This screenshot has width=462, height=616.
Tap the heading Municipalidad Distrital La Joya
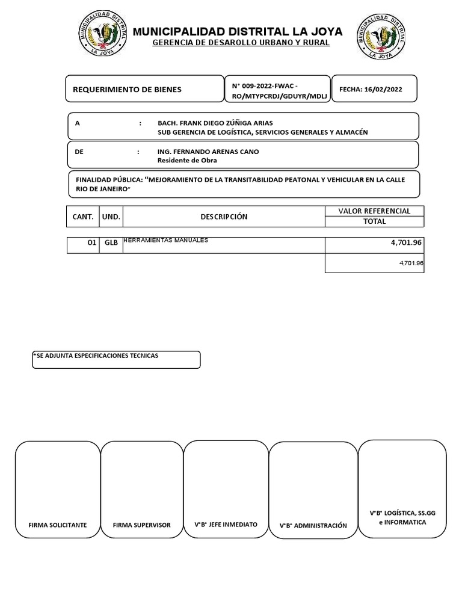point(238,31)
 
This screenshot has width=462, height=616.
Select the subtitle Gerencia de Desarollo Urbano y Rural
point(241,43)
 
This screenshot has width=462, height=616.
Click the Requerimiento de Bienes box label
point(127,90)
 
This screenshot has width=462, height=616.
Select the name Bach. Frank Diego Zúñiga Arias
point(215,123)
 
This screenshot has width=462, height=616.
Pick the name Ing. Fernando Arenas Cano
point(208,152)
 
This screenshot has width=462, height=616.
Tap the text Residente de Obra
point(187,161)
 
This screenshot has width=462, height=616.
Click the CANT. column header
point(83,217)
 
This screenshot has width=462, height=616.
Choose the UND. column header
point(111,217)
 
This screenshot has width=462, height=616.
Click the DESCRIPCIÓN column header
point(224,217)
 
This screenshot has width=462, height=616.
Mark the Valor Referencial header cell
point(374,211)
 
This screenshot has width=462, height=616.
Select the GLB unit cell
point(111,244)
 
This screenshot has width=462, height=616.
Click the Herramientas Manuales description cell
point(166,241)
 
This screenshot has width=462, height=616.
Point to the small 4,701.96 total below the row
point(411,263)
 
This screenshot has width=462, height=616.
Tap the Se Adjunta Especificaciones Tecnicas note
point(96,356)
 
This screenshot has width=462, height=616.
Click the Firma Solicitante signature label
point(58,525)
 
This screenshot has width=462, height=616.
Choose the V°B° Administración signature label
point(313,526)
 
